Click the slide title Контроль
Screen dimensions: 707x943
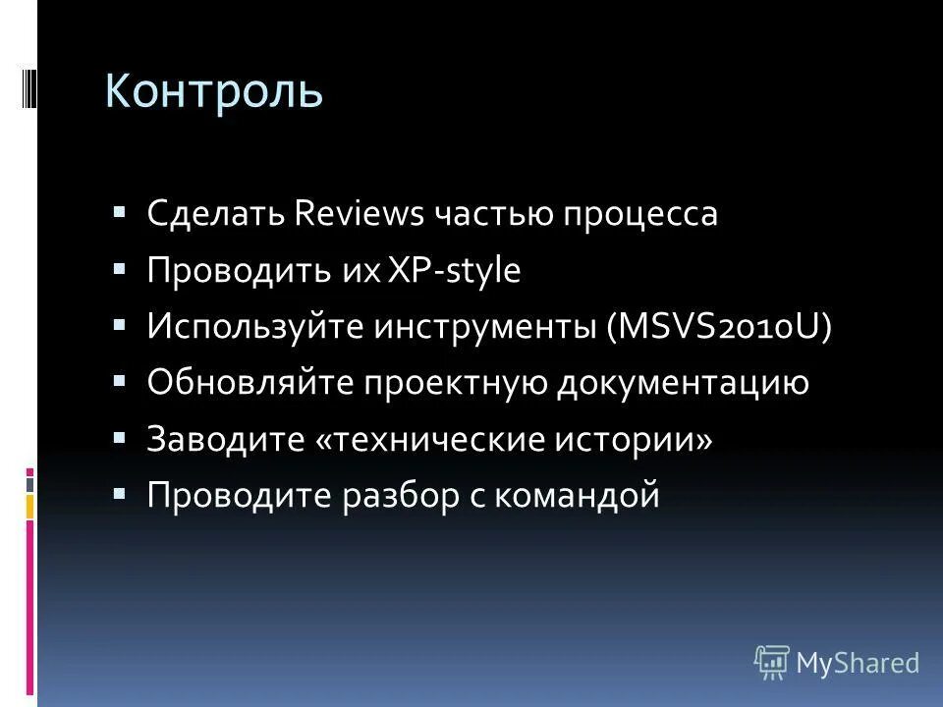pyautogui.click(x=214, y=91)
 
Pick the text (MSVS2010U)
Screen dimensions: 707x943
pyautogui.click(x=719, y=327)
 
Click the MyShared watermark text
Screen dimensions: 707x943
pyautogui.click(x=858, y=663)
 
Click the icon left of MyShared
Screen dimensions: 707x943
pyautogui.click(x=772, y=663)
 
